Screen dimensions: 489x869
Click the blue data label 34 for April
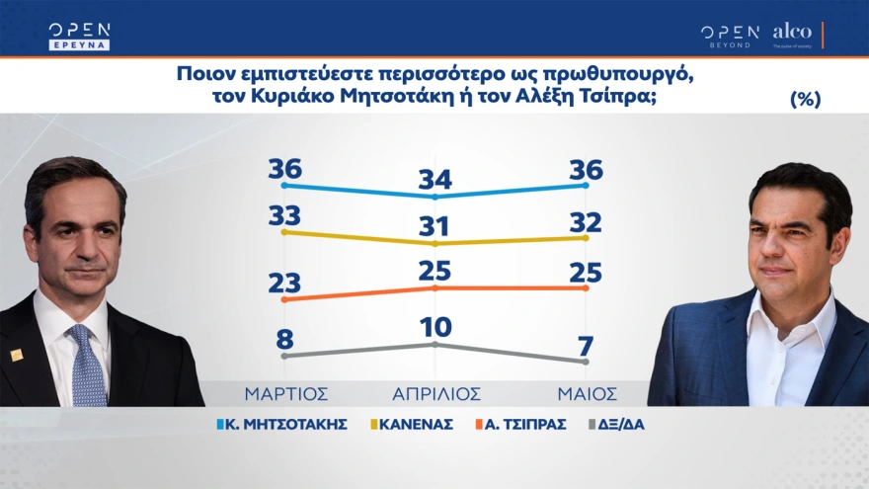pyautogui.click(x=434, y=179)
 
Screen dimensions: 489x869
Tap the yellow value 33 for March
pyautogui.click(x=284, y=214)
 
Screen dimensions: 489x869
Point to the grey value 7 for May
pyautogui.click(x=586, y=345)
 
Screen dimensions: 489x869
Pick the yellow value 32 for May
pyautogui.click(x=586, y=218)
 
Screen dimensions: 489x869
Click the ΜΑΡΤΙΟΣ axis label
pyautogui.click(x=285, y=392)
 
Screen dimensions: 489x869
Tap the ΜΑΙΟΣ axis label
pyautogui.click(x=586, y=392)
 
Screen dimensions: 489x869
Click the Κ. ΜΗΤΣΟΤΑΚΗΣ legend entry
pyautogui.click(x=281, y=424)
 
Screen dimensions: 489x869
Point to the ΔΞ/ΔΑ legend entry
pyautogui.click(x=621, y=424)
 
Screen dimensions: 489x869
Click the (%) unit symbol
pyautogui.click(x=806, y=99)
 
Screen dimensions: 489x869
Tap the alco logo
pyautogui.click(x=792, y=33)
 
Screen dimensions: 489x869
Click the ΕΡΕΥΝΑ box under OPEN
pyautogui.click(x=79, y=43)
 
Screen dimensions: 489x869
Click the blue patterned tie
pyautogui.click(x=88, y=366)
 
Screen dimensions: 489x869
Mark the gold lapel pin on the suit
pyautogui.click(x=17, y=355)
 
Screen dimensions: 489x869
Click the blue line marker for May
pyautogui.click(x=586, y=185)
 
